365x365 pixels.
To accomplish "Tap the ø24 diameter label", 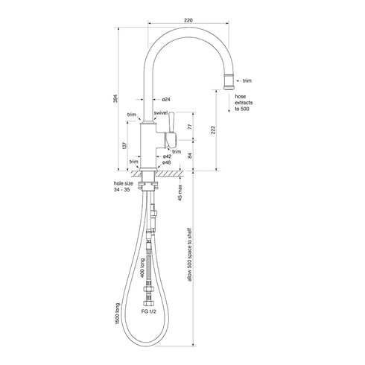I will pyautogui.click(x=165, y=100).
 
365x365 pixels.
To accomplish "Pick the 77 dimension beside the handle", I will pyautogui.click(x=190, y=127).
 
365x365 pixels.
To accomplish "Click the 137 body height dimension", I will pyautogui.click(x=123, y=147).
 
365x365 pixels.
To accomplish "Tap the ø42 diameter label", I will pyautogui.click(x=168, y=156).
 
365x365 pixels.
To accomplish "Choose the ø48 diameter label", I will pyautogui.click(x=168, y=163).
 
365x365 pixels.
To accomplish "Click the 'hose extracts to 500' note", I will pyautogui.click(x=245, y=103).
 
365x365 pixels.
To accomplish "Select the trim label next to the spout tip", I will pyautogui.click(x=248, y=80).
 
